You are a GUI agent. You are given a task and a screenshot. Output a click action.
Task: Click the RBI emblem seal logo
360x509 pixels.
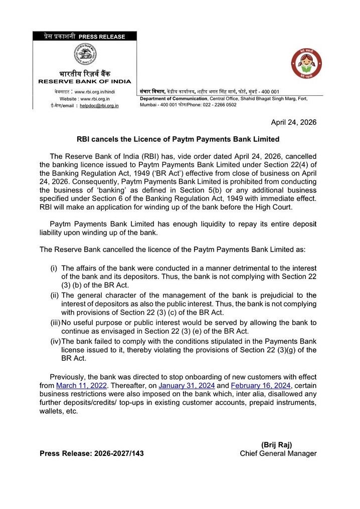click(85, 55)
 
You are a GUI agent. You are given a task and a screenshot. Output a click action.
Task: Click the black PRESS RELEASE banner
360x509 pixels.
click(85, 37)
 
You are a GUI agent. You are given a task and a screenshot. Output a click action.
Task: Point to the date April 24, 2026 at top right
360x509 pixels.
click(294, 122)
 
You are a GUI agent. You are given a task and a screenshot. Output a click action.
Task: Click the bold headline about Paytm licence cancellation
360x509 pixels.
click(178, 139)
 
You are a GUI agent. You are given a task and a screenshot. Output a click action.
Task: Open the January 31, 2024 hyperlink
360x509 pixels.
click(187, 385)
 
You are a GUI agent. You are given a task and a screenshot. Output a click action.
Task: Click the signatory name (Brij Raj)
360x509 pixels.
click(276, 444)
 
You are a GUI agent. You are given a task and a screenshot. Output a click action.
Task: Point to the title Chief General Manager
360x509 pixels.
click(278, 453)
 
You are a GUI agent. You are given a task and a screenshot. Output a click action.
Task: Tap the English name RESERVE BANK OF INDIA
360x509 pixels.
click(85, 81)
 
